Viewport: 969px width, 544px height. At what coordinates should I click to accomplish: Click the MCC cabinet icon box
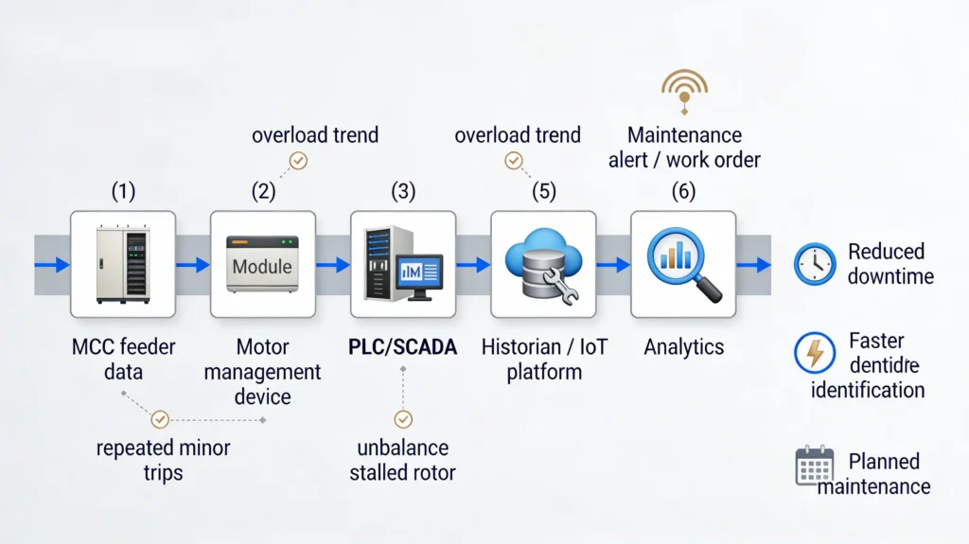pyautogui.click(x=123, y=264)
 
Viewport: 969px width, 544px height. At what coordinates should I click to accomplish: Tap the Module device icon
pyautogui.click(x=263, y=264)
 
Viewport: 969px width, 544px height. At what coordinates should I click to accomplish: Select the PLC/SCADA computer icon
pyautogui.click(x=403, y=264)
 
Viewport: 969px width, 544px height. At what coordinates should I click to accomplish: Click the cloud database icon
pyautogui.click(x=543, y=264)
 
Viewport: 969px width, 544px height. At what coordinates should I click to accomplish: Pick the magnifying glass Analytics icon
pyautogui.click(x=683, y=264)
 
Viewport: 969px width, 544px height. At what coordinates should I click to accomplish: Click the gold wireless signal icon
pyautogui.click(x=685, y=92)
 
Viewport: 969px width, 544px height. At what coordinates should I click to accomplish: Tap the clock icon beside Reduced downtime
pyautogui.click(x=814, y=264)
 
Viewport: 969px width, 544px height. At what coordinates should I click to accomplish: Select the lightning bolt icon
pyautogui.click(x=814, y=352)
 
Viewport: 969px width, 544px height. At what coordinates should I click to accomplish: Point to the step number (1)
pyautogui.click(x=123, y=191)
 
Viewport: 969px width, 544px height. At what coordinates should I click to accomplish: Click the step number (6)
pyautogui.click(x=683, y=191)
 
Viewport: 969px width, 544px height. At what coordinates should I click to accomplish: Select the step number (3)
pyautogui.click(x=403, y=191)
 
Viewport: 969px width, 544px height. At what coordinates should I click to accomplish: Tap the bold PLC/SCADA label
pyautogui.click(x=403, y=347)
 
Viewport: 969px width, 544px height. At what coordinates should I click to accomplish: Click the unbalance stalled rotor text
pyautogui.click(x=404, y=459)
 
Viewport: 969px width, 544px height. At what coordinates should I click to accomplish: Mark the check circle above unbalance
pyautogui.click(x=403, y=418)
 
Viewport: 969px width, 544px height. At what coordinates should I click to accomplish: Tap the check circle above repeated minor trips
pyautogui.click(x=160, y=418)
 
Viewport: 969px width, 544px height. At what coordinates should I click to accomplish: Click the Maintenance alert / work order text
pyautogui.click(x=684, y=148)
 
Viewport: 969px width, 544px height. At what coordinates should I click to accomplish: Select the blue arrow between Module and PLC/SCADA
pyautogui.click(x=333, y=265)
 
